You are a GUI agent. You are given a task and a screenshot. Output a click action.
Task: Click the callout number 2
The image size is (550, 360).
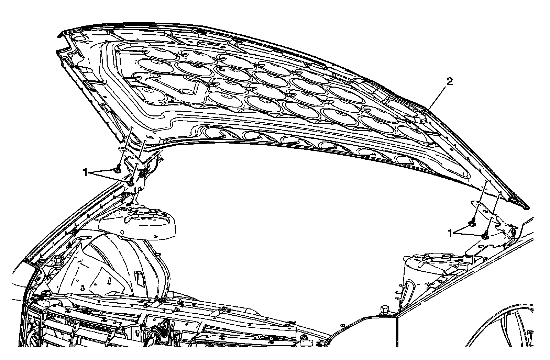(450, 82)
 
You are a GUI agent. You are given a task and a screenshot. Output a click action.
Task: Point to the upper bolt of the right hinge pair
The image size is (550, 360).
(472, 224)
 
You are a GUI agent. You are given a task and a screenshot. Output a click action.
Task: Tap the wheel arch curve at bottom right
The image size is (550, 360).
(498, 316)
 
